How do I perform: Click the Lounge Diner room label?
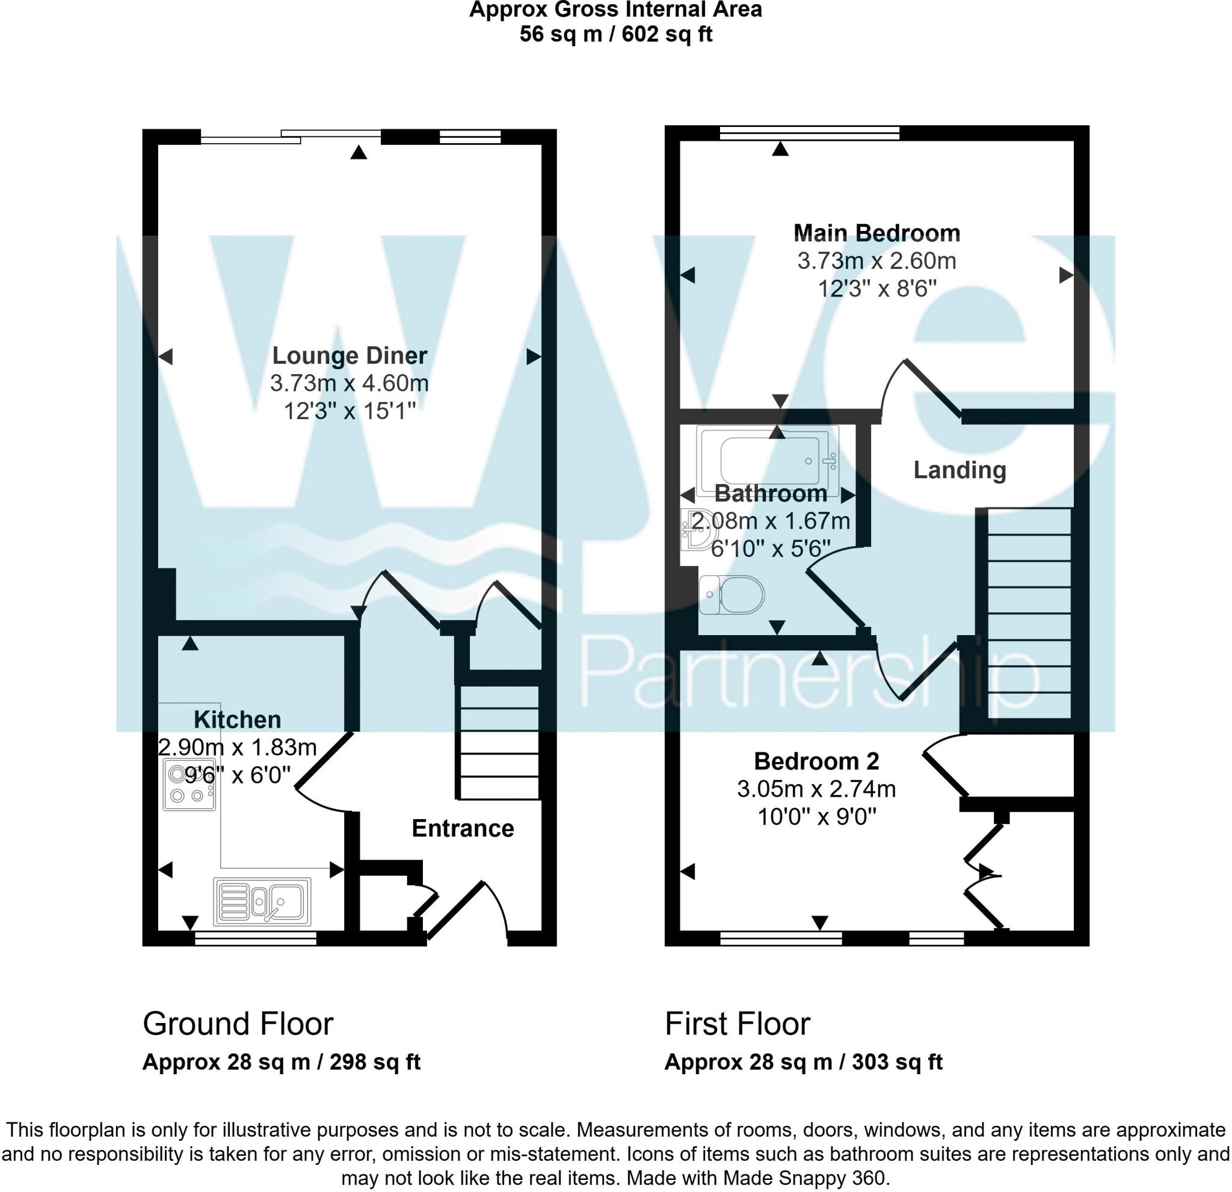350,355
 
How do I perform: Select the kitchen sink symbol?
263,902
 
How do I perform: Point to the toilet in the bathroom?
733,594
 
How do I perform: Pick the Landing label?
959,470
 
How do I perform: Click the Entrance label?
463,828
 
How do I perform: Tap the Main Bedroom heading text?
877,233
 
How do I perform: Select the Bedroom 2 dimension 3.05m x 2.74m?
816,788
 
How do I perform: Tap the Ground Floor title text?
238,1024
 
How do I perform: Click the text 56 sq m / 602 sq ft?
615,34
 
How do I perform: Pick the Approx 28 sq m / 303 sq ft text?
803,1062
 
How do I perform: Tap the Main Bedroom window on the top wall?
810,132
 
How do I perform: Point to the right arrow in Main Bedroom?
1066,275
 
